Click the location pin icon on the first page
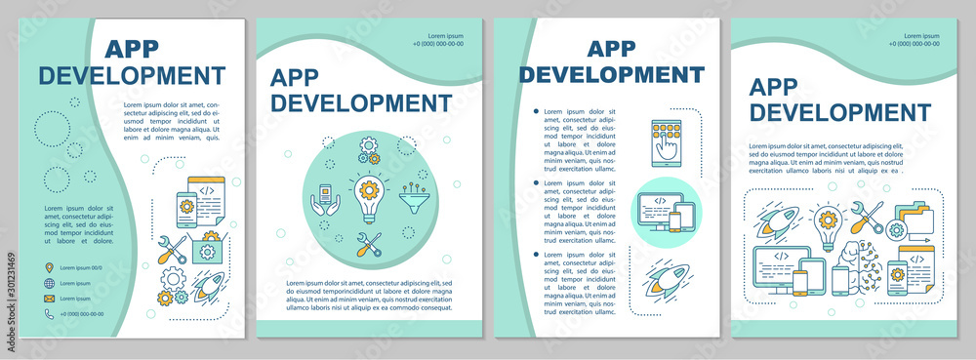[x=49, y=267]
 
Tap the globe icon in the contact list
[x=49, y=283]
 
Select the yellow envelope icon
[x=49, y=299]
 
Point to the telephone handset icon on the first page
[x=49, y=314]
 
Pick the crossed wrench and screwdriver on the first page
[x=173, y=251]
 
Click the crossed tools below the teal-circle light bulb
[x=370, y=245]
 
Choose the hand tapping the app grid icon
[x=665, y=141]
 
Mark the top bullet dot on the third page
[x=536, y=113]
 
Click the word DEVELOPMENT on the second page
[x=361, y=102]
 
